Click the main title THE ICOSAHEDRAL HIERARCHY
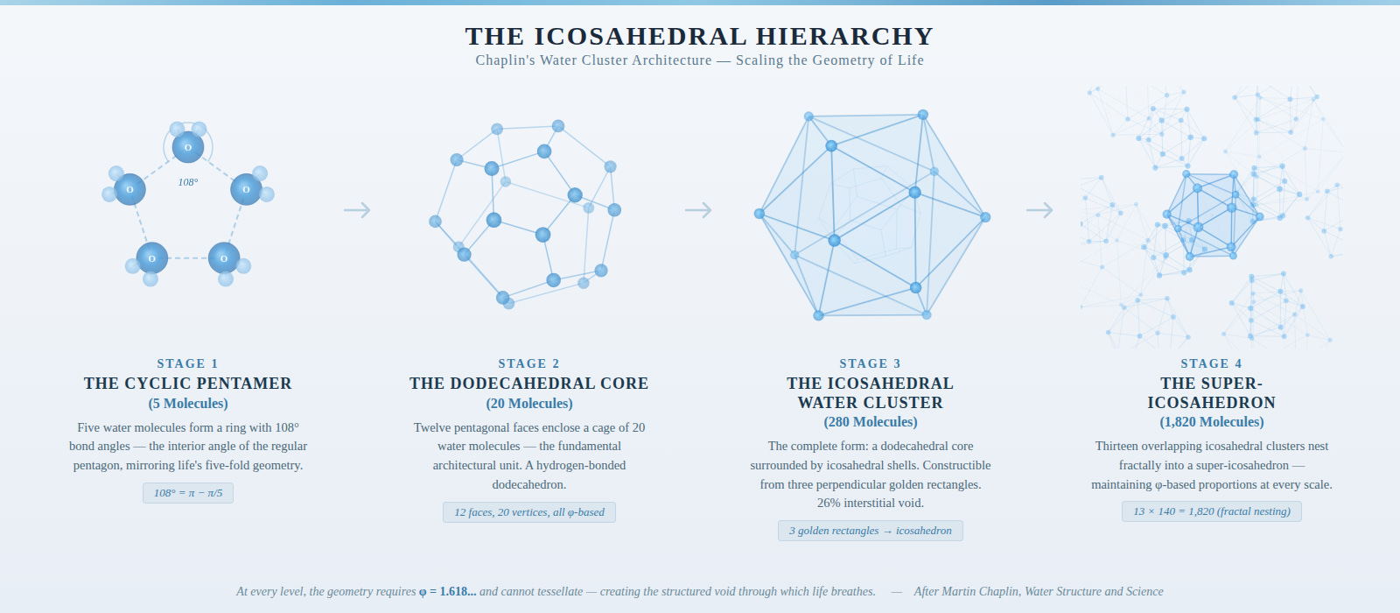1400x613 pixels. click(699, 36)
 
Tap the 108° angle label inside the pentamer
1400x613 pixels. click(188, 182)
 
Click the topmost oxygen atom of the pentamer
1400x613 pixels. click(188, 147)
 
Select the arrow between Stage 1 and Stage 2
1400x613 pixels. click(357, 210)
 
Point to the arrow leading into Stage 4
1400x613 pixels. click(1039, 210)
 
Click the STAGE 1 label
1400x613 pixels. click(187, 363)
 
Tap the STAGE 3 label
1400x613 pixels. click(870, 363)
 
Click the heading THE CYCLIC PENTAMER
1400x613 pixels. click(187, 384)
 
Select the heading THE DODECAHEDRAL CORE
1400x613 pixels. click(528, 384)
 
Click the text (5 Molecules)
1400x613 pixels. click(187, 404)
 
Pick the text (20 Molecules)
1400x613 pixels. click(528, 404)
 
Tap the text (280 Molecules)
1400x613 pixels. click(870, 422)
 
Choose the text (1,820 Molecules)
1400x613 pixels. click(1211, 422)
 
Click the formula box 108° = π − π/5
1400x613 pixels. click(187, 493)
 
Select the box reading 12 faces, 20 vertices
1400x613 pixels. click(528, 512)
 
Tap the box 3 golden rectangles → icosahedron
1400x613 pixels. click(870, 531)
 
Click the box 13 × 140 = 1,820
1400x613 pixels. click(1211, 511)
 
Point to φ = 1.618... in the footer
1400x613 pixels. click(447, 592)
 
